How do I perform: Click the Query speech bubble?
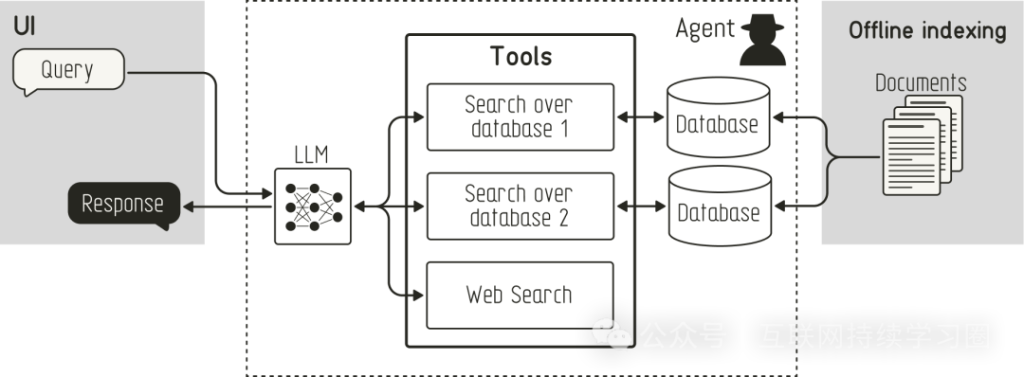click(x=68, y=70)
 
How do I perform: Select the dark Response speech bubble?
click(x=122, y=204)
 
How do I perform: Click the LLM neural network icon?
click(x=312, y=205)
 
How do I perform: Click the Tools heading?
click(x=521, y=56)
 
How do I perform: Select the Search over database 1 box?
click(x=520, y=117)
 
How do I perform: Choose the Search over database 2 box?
click(x=520, y=206)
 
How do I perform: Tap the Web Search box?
click(x=520, y=294)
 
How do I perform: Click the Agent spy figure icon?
click(x=763, y=40)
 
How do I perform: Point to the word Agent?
click(x=704, y=29)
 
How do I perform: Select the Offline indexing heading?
click(x=926, y=30)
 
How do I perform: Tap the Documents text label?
click(x=921, y=82)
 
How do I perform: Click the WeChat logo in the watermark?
click(x=612, y=333)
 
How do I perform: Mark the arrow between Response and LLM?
click(x=228, y=205)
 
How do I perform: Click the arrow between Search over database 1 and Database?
click(x=641, y=118)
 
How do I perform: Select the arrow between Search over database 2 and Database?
click(x=641, y=206)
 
